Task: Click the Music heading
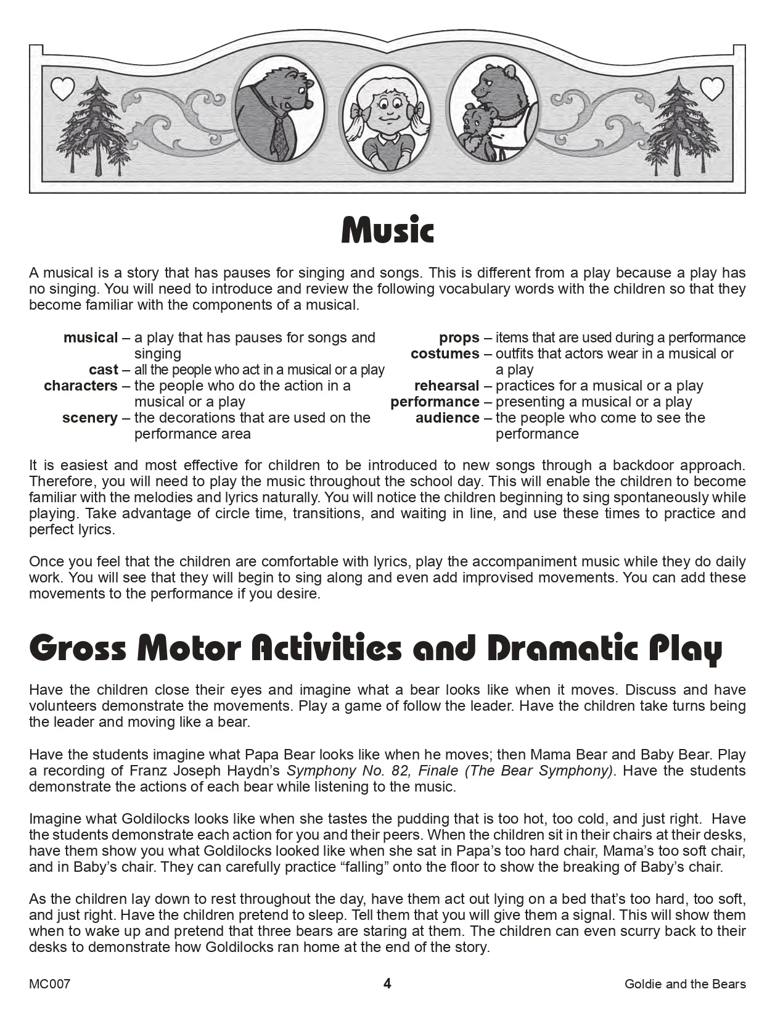387,231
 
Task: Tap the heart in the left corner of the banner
62,89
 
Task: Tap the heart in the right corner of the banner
712,89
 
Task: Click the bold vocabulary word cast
103,370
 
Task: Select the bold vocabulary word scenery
89,418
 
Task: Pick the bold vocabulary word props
459,337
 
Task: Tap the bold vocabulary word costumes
445,354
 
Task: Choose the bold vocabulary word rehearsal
446,386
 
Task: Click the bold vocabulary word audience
447,418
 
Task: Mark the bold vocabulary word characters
80,386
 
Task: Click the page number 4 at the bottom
387,983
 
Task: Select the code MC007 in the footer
49,984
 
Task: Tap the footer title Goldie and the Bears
685,984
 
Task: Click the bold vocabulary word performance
435,402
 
